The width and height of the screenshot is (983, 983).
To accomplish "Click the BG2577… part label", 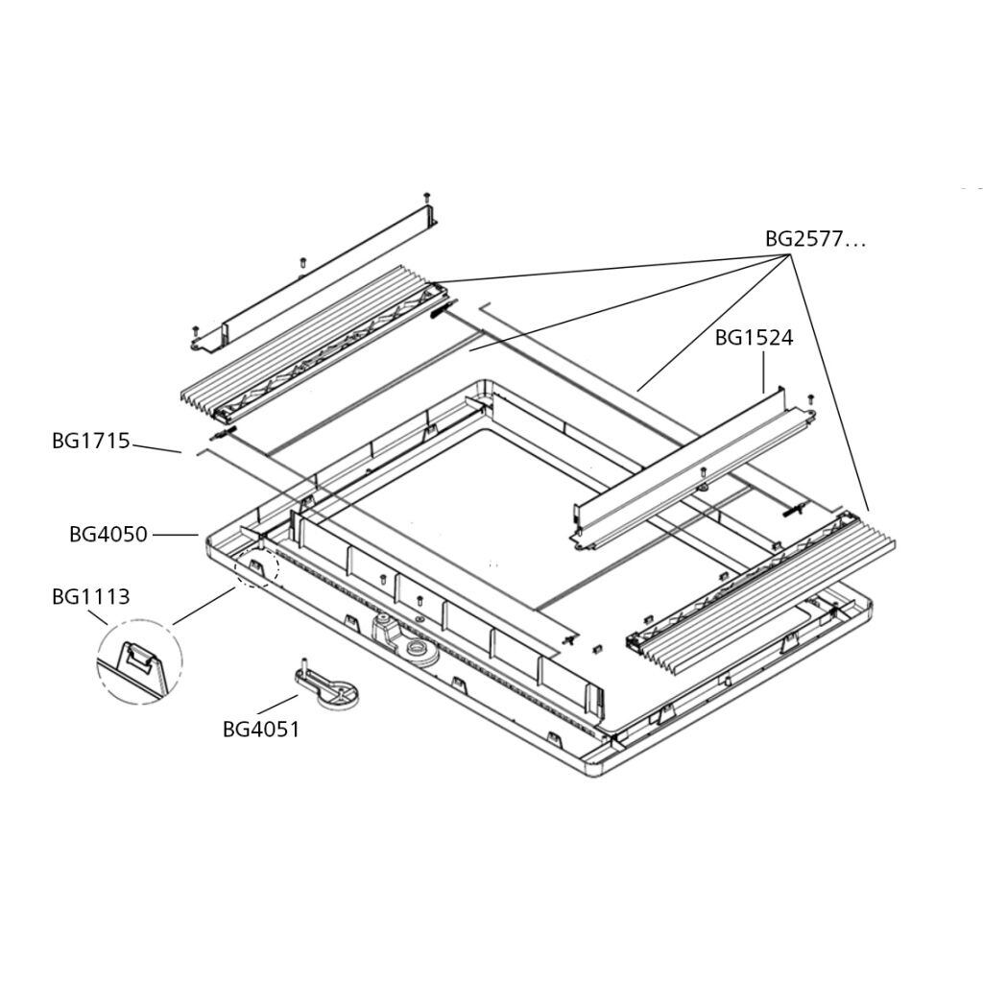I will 814,240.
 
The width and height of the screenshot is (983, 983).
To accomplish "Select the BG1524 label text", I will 754,339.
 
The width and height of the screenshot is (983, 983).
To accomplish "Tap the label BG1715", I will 90,442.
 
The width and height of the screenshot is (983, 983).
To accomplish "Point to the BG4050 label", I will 108,535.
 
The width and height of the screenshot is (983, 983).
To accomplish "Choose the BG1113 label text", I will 90,597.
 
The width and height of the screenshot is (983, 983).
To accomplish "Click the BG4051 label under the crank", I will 261,730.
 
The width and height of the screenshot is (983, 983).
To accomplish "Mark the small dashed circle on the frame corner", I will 256,570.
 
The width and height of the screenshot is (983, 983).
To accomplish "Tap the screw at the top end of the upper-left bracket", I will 427,197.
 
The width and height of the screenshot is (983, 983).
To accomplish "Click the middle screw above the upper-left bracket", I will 301,260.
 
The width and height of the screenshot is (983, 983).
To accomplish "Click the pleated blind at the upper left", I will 307,350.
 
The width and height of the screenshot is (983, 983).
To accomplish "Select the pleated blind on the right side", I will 768,586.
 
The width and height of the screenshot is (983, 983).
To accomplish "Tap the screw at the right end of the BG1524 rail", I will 811,397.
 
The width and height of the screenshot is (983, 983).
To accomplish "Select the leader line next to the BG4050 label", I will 175,535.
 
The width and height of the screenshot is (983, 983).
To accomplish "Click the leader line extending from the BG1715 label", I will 156,446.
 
